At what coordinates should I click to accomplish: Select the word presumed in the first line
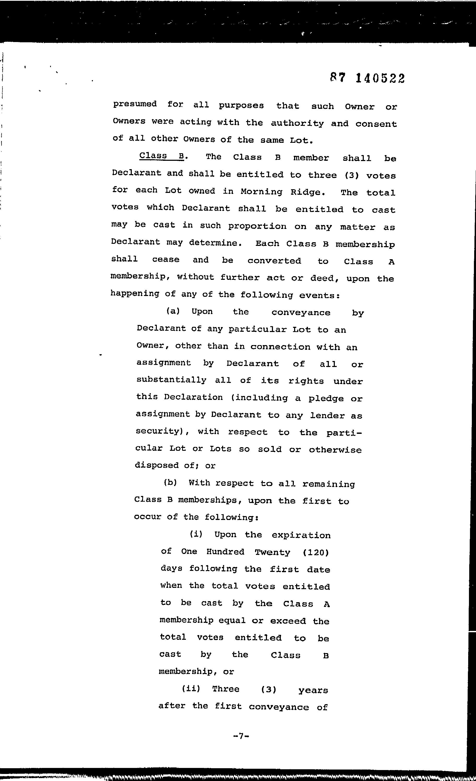(x=135, y=104)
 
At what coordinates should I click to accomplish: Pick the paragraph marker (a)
(x=173, y=311)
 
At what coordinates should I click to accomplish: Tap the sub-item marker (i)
(x=196, y=534)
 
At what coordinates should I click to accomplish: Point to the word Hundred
(x=225, y=552)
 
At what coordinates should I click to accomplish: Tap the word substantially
(x=171, y=380)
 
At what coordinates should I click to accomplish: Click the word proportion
(x=257, y=226)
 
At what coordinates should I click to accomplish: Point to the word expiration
(x=301, y=535)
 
